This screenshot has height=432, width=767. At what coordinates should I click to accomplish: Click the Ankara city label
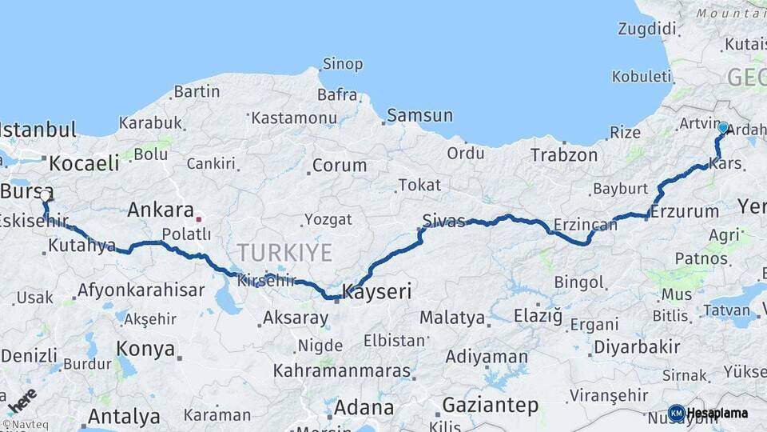[160, 211]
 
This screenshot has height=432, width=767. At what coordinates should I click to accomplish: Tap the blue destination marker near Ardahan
[723, 127]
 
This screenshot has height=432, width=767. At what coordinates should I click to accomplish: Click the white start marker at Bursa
[46, 194]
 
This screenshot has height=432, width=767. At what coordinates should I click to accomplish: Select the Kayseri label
[376, 292]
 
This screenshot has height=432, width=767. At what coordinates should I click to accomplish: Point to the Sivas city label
[444, 221]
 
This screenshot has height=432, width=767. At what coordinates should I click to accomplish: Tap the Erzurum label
[684, 212]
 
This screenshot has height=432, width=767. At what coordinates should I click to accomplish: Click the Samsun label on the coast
[419, 115]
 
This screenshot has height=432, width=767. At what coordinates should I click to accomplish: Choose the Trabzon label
[564, 154]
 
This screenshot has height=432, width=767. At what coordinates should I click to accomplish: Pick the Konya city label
[145, 349]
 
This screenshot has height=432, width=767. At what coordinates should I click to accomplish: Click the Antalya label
[123, 416]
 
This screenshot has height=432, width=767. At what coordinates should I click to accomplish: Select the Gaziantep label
[490, 406]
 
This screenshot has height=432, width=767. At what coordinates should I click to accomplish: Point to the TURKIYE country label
[284, 254]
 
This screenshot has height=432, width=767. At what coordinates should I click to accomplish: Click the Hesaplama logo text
[717, 413]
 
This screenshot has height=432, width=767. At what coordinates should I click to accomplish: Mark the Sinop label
[342, 64]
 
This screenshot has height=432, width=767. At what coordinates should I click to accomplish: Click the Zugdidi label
[646, 30]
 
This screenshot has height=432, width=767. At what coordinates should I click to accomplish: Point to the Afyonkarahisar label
[141, 290]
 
